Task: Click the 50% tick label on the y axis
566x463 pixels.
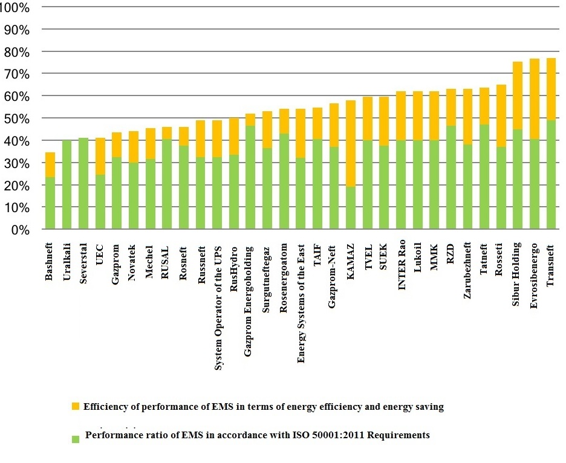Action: [18, 118]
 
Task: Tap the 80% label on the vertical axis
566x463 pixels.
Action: [18, 52]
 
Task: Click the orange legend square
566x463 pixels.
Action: [76, 406]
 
